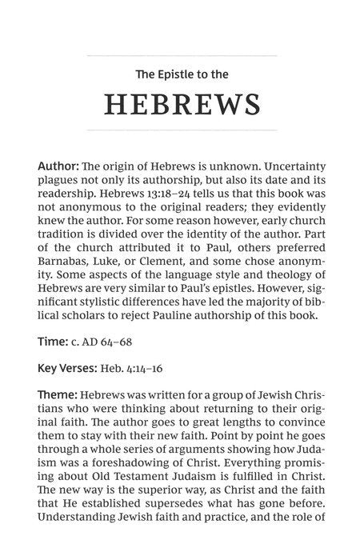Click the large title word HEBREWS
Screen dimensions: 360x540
coord(182,105)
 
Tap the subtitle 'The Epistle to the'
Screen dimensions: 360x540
coord(182,74)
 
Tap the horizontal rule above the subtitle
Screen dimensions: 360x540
coord(182,55)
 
